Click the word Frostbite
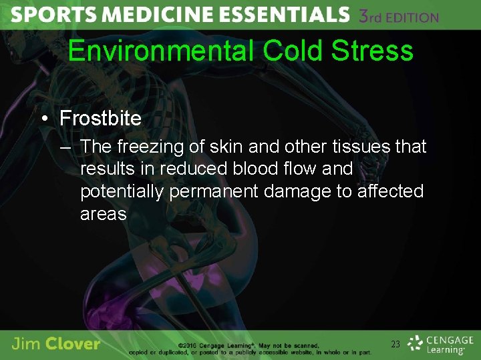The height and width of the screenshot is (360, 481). tap(100, 119)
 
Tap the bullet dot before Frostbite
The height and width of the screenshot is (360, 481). tap(44, 119)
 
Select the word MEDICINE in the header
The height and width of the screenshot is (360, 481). tap(156, 15)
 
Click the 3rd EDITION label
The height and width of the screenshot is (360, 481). tap(399, 16)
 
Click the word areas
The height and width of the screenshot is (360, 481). tap(103, 214)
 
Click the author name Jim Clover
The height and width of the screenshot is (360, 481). tap(56, 344)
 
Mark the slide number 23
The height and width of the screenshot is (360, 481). tap(395, 344)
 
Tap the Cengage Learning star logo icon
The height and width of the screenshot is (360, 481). tap(416, 343)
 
